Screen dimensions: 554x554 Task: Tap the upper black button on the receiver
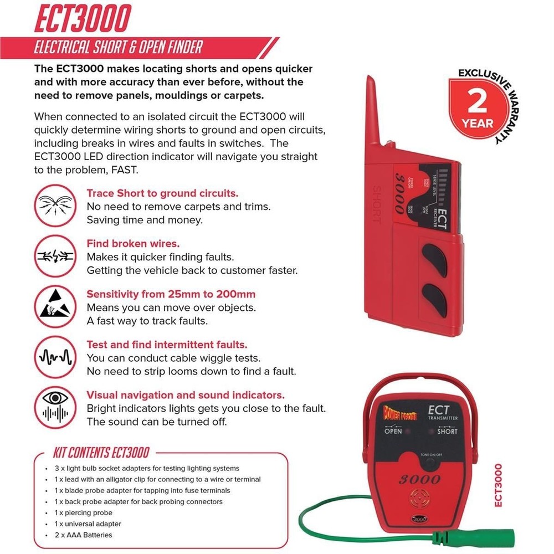pyautogui.click(x=433, y=257)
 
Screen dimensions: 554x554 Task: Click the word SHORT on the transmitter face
pyautogui.click(x=447, y=431)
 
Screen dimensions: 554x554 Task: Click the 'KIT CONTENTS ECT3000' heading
pyautogui.click(x=101, y=452)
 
